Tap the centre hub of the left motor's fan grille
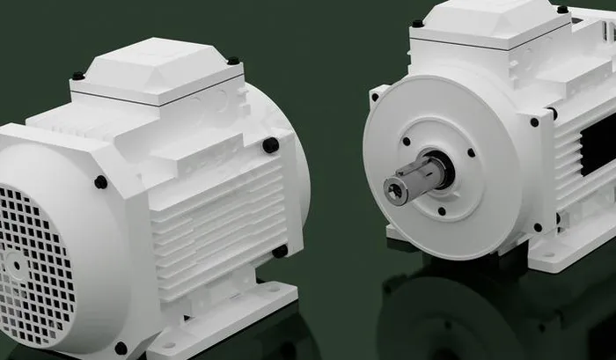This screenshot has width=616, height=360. click(x=12, y=262)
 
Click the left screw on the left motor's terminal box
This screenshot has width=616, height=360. click(x=78, y=76)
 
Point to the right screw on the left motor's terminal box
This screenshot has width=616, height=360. click(x=233, y=61)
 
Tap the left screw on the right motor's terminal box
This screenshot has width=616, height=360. click(x=417, y=24)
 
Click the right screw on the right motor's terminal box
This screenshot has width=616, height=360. click(x=562, y=9)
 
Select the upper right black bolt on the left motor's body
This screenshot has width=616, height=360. click(x=271, y=145)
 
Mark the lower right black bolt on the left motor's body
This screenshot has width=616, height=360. click(x=280, y=252)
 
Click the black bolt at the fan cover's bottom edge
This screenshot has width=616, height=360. click(x=121, y=348)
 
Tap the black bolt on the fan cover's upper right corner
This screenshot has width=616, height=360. click(x=101, y=182)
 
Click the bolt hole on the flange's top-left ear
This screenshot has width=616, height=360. click(x=377, y=93)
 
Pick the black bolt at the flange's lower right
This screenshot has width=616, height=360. click(x=538, y=227)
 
